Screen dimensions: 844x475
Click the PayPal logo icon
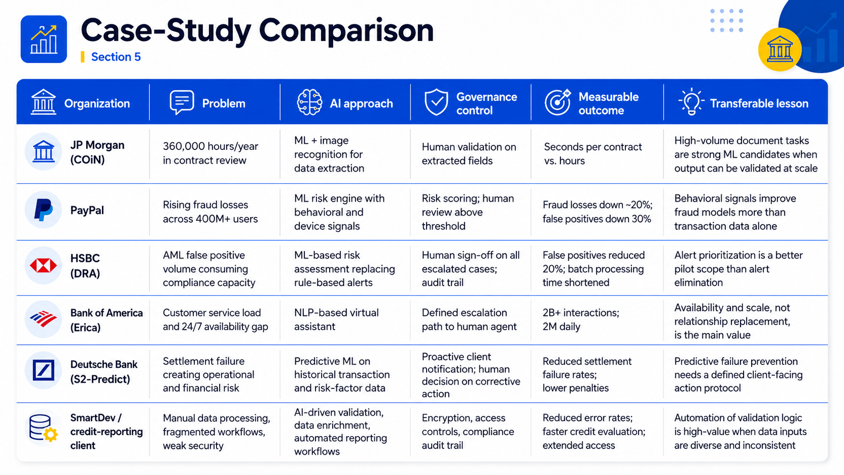click(43, 210)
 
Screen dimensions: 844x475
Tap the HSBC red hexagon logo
click(43, 266)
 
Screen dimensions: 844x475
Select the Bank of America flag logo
click(43, 319)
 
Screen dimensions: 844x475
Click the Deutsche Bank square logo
click(43, 370)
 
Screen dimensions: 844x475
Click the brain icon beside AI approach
click(309, 102)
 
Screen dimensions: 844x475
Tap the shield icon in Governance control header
click(436, 102)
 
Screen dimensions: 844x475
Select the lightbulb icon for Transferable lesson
click(691, 101)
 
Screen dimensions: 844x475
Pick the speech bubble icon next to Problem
click(182, 101)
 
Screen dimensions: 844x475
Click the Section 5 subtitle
click(116, 57)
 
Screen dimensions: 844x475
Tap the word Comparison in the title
click(346, 31)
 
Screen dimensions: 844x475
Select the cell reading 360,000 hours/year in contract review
click(210, 153)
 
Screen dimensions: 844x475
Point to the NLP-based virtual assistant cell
click(336, 320)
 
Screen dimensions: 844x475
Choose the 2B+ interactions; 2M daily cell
click(581, 320)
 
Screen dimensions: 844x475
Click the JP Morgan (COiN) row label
click(97, 152)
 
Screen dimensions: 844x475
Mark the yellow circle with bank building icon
click(779, 49)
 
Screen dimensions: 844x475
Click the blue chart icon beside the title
click(44, 39)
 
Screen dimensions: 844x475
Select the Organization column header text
click(97, 103)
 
